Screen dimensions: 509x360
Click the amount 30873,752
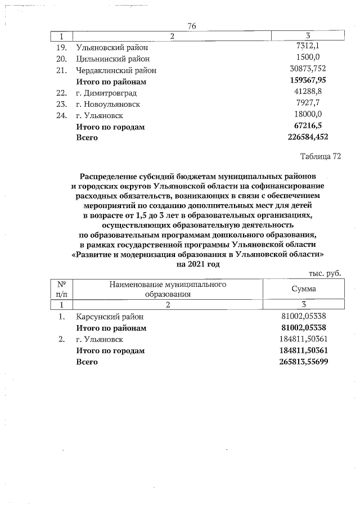point(307,70)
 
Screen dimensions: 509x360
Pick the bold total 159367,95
point(307,81)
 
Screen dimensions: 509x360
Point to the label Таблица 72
point(321,156)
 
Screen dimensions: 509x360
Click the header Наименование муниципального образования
point(168,289)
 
